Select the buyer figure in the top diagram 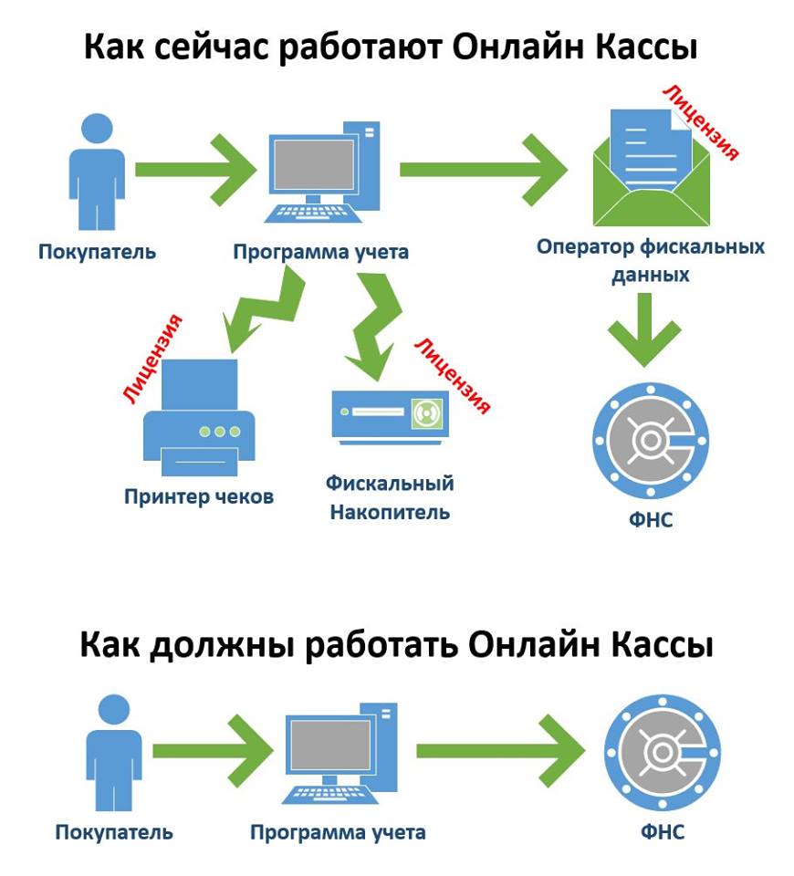[x=96, y=171]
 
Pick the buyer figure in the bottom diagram [x=113, y=753]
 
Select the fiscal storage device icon [x=391, y=414]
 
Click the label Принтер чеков [x=199, y=497]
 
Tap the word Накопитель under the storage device [x=390, y=511]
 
